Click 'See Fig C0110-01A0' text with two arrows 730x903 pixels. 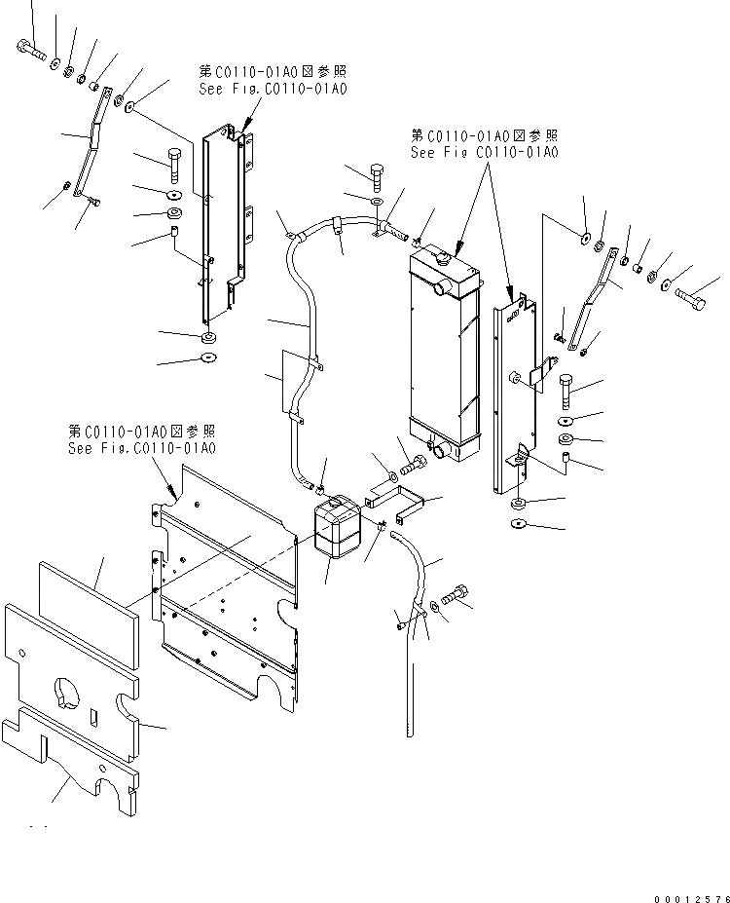(x=484, y=152)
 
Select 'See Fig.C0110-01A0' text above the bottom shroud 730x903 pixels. (x=142, y=448)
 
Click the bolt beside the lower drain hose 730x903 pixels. (x=456, y=593)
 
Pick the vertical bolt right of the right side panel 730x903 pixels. (x=568, y=394)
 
